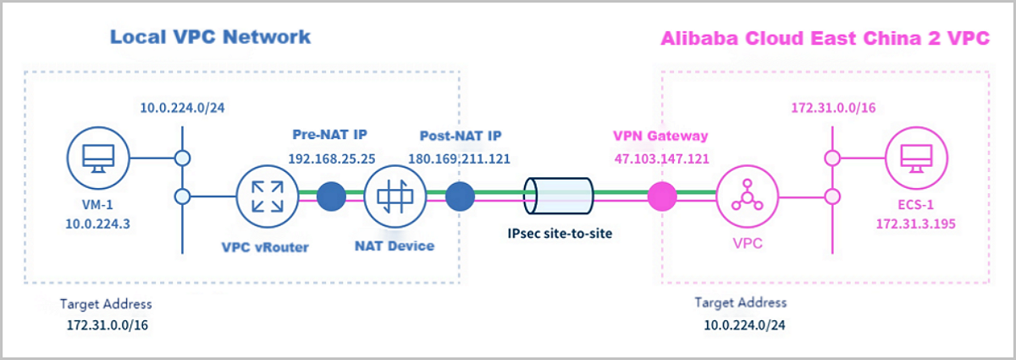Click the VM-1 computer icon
click(x=97, y=157)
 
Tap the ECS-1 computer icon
click(x=914, y=158)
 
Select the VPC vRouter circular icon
click(x=263, y=196)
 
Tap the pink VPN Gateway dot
click(x=662, y=196)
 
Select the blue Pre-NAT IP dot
click(x=332, y=196)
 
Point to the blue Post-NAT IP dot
click(x=460, y=196)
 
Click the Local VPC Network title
click(x=211, y=36)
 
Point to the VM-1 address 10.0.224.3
click(x=97, y=224)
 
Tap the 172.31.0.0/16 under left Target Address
click(x=106, y=324)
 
